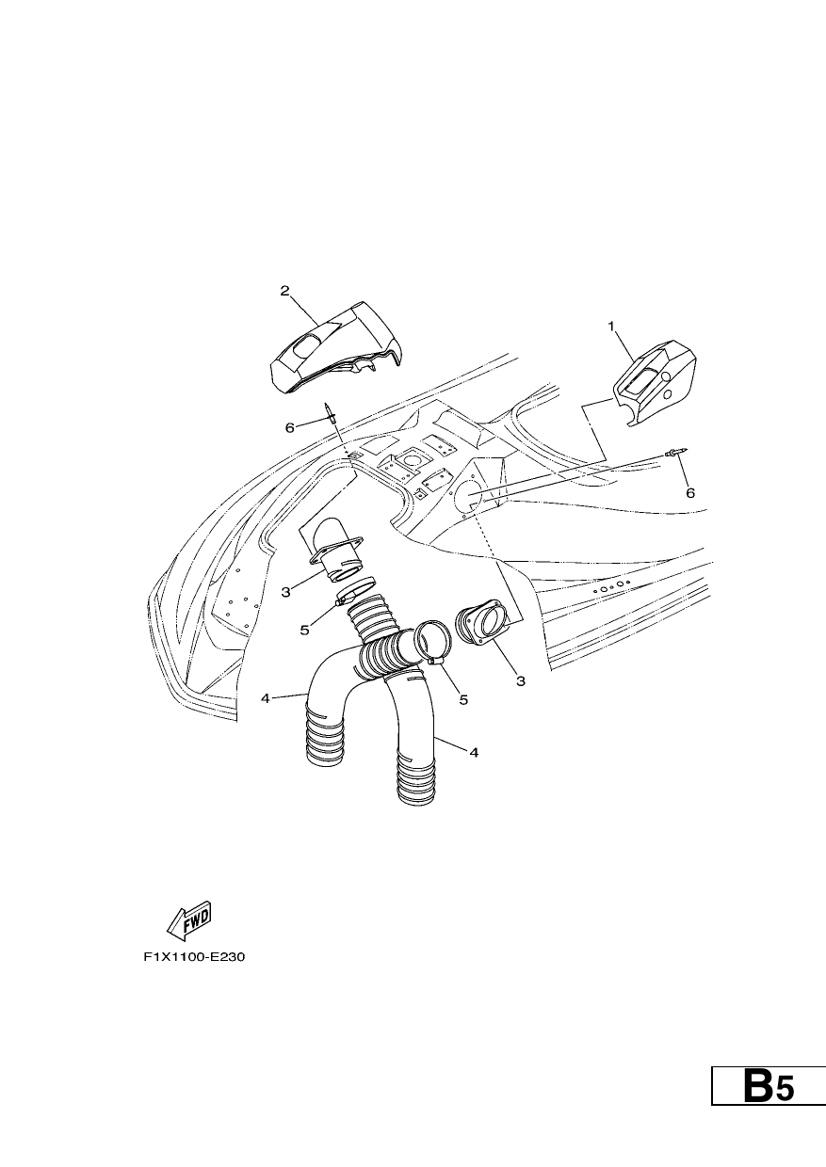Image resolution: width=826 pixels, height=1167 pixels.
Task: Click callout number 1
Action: [611, 327]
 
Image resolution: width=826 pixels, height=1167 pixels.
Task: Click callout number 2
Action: [284, 290]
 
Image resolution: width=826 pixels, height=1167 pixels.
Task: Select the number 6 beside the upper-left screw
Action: [290, 427]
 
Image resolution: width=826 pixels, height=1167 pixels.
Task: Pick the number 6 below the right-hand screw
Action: [690, 493]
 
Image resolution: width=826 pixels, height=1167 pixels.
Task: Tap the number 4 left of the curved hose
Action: [266, 698]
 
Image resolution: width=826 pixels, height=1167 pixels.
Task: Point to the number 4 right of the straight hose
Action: [474, 752]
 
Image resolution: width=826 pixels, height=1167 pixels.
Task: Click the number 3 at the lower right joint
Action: [521, 680]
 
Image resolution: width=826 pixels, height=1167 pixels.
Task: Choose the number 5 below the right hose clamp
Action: [463, 699]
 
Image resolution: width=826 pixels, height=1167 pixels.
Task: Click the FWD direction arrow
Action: [188, 928]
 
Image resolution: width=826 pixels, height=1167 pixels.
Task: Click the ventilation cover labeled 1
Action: [656, 382]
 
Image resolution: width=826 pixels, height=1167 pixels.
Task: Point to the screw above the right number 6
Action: [677, 453]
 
